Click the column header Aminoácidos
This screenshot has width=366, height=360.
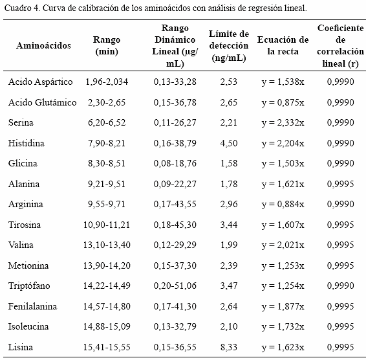(43, 45)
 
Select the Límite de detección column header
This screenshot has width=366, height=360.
(229, 46)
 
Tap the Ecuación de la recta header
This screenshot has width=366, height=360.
(283, 45)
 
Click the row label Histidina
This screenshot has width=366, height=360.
(26, 143)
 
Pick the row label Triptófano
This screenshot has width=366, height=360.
(29, 286)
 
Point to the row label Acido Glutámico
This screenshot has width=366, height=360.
(42, 102)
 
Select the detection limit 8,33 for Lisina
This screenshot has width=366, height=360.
(229, 347)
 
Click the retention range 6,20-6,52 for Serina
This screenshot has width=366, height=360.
(107, 122)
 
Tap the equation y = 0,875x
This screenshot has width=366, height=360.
(283, 102)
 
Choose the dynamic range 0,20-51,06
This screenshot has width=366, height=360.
(175, 286)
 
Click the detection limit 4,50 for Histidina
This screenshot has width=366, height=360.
(229, 143)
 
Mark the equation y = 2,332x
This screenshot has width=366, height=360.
(283, 122)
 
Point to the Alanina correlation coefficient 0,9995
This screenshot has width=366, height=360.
(341, 184)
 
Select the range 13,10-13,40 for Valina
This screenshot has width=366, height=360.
(107, 245)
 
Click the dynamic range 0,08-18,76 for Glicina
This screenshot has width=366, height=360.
(175, 163)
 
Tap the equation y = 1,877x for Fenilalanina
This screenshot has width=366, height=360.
(283, 306)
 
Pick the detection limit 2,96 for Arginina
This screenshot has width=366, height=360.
(229, 204)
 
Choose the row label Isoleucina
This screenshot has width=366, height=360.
(28, 326)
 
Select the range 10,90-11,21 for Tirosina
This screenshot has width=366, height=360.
(107, 225)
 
